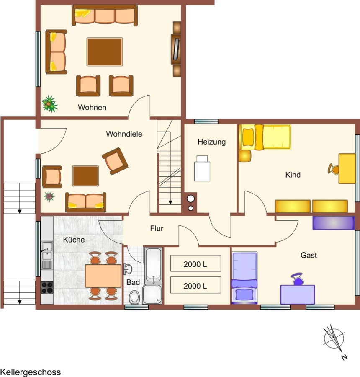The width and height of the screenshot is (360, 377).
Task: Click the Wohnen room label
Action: (92, 107)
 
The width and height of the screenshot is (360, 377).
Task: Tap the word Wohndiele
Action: (124, 134)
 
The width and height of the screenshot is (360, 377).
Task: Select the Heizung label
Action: (211, 142)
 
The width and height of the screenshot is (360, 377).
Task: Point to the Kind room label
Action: (293, 175)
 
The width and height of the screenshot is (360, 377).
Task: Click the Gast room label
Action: (309, 255)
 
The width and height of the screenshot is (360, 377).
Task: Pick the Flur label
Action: (157, 228)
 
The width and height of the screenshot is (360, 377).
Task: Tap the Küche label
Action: (74, 240)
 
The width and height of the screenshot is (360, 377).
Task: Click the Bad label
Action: (133, 282)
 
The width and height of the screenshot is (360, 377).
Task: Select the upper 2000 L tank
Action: (195, 263)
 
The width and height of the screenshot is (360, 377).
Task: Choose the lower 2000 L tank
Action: (195, 285)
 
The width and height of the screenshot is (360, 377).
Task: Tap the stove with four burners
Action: (47, 287)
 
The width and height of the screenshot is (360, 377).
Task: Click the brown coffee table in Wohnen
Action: (105, 52)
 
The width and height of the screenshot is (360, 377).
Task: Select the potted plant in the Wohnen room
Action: (50, 103)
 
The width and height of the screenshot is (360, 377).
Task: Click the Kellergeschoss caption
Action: (31, 372)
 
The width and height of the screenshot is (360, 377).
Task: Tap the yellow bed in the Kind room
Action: (265, 137)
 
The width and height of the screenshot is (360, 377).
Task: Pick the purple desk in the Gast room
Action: (298, 294)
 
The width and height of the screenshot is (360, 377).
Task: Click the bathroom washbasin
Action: (128, 269)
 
